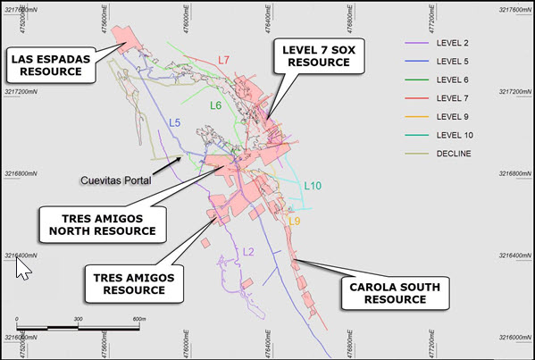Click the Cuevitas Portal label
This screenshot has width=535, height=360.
[x=113, y=179]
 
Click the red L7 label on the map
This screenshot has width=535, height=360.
[x=224, y=60]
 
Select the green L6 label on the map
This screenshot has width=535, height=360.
[x=216, y=105]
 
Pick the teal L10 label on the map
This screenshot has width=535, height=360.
[x=313, y=186]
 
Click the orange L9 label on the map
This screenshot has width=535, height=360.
[x=294, y=221]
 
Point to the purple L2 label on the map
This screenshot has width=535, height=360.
[x=249, y=252]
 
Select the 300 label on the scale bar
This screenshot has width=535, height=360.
[x=79, y=319]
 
